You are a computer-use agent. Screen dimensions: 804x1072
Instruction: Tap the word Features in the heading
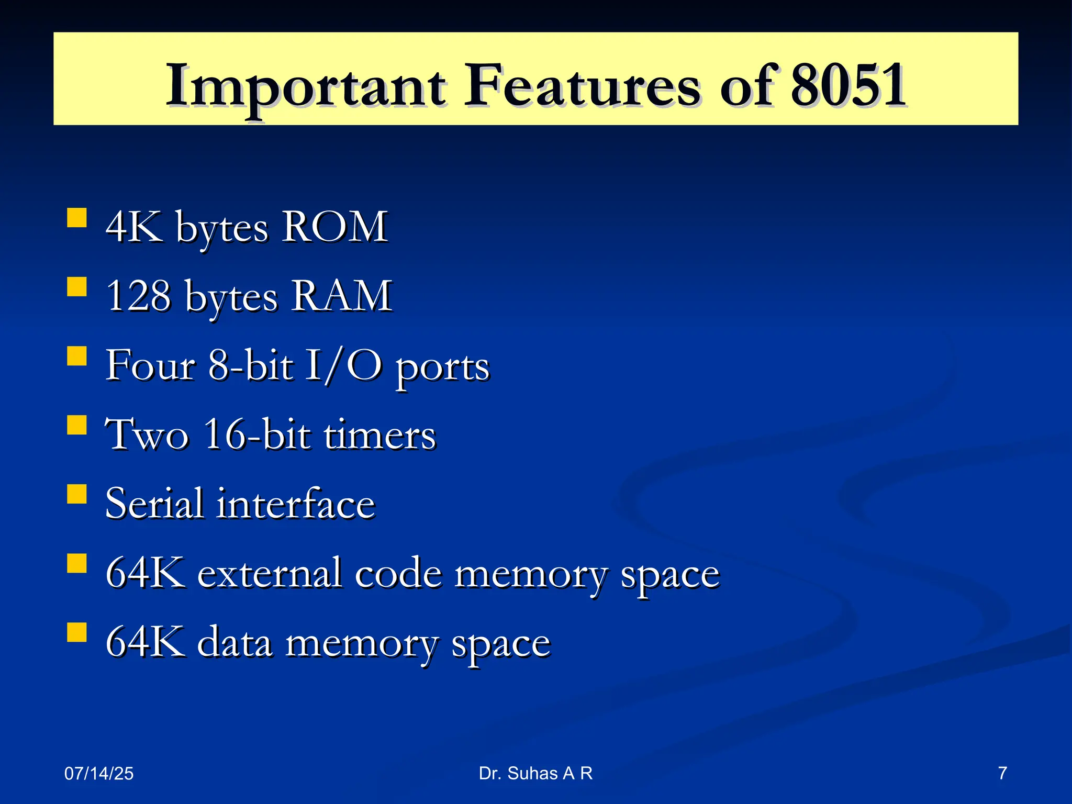(582, 85)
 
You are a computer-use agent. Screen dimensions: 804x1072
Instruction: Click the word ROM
(335, 227)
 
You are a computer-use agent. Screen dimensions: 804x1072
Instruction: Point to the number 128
(138, 296)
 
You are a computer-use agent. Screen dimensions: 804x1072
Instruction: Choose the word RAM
(341, 296)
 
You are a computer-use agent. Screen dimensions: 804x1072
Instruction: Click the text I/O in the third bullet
(343, 365)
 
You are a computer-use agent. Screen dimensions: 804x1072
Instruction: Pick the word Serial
(154, 504)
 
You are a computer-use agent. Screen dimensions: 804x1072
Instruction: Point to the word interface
(296, 504)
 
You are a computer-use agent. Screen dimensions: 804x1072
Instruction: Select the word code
(398, 573)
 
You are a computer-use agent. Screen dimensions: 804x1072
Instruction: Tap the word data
(234, 643)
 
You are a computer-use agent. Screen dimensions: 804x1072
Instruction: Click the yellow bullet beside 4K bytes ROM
(77, 218)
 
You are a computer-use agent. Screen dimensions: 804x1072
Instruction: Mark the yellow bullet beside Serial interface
(77, 494)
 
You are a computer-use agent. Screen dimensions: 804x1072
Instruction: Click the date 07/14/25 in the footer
(99, 773)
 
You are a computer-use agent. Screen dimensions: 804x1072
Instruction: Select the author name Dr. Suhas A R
(535, 773)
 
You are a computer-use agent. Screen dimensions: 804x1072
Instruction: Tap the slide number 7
(1002, 773)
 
